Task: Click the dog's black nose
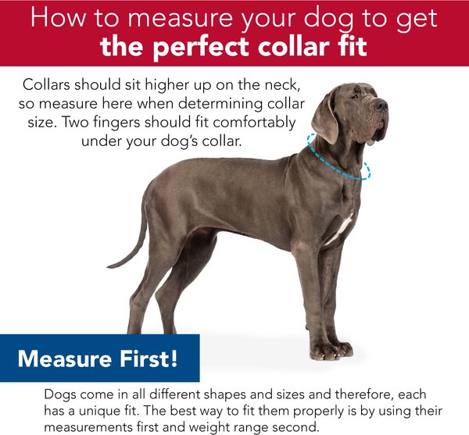pos(381,105)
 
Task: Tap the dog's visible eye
pos(354,97)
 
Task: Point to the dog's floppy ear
pos(325,119)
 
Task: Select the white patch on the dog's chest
pos(340,228)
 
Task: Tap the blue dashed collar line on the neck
pos(337,168)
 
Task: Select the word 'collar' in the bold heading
pos(292,47)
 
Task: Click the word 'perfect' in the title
pos(201,48)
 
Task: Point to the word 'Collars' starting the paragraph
pos(46,84)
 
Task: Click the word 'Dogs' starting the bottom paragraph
pos(60,395)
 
